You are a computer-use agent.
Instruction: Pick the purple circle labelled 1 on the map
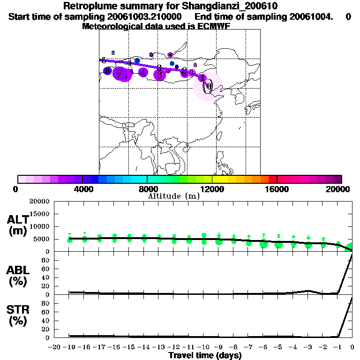[202, 78]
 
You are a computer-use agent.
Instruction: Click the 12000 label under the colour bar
[212, 189]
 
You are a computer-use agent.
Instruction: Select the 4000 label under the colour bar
[82, 189]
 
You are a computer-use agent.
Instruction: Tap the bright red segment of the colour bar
[272, 179]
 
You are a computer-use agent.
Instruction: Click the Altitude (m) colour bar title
[173, 196]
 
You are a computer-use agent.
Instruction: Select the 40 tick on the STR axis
[45, 321]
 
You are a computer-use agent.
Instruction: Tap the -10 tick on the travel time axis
[204, 347]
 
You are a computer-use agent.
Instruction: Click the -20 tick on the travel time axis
[55, 347]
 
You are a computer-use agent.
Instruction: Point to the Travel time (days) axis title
[205, 355]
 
